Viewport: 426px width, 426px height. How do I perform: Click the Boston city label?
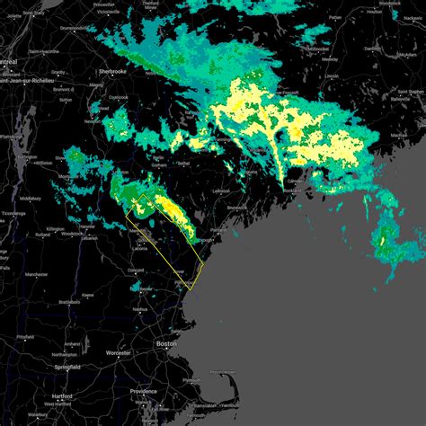click(x=163, y=343)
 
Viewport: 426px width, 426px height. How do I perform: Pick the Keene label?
click(x=88, y=295)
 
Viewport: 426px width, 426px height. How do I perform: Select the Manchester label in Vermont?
click(x=36, y=273)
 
